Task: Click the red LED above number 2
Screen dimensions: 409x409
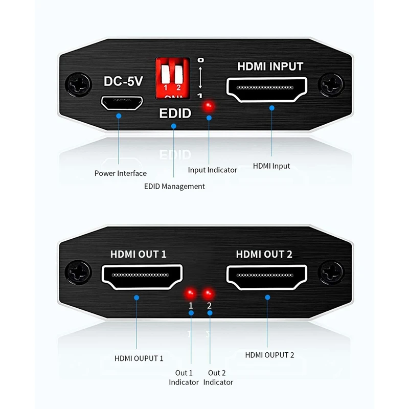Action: (209, 293)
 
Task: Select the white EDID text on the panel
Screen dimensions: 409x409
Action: (175, 113)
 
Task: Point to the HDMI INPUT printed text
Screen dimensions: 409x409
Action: (270, 67)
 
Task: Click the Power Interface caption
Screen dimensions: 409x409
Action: (120, 173)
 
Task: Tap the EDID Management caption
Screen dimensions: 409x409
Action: (174, 187)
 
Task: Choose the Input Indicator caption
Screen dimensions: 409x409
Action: (212, 170)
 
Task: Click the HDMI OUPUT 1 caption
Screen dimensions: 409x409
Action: (139, 358)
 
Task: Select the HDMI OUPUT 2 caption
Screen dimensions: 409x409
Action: (269, 355)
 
